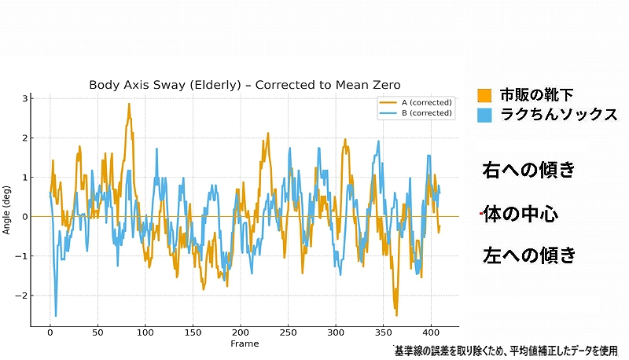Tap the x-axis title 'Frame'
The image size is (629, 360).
click(x=245, y=343)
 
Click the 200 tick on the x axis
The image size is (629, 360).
click(x=241, y=332)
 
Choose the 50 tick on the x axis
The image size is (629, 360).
click(x=97, y=332)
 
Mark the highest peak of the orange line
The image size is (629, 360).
click(x=129, y=104)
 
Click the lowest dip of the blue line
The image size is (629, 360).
click(x=56, y=316)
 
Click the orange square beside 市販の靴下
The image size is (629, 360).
click(x=485, y=96)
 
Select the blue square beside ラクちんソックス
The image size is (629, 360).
click(x=485, y=115)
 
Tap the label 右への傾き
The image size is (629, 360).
click(x=529, y=170)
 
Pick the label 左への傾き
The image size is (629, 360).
click(x=529, y=255)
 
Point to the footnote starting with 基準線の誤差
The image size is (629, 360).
click(x=506, y=351)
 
